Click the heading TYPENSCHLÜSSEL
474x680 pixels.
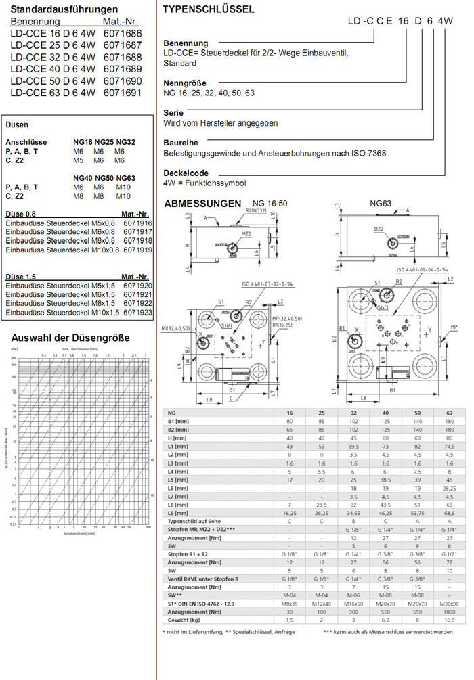click(209, 9)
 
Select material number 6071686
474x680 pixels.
click(123, 32)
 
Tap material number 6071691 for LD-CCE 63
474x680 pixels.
click(123, 93)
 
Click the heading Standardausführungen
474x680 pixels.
click(64, 9)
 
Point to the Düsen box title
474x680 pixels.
click(17, 125)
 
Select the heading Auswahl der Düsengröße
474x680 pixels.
click(66, 337)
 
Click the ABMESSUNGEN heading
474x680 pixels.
click(202, 203)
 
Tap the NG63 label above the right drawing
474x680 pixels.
click(380, 203)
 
